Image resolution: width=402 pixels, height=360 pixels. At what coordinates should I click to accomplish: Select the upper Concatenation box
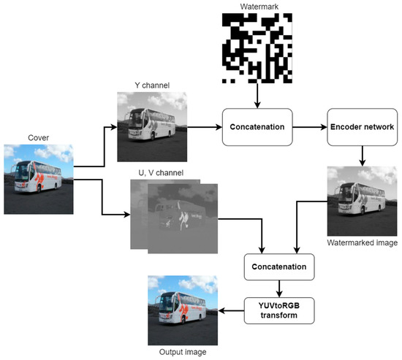pyautogui.click(x=257, y=126)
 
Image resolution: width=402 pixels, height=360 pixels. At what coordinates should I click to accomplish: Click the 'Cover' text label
pyautogui.click(x=37, y=137)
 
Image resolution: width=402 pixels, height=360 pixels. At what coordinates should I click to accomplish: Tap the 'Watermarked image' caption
pyautogui.click(x=363, y=242)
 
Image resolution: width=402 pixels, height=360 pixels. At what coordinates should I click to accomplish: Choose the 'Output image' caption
pyautogui.click(x=183, y=352)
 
